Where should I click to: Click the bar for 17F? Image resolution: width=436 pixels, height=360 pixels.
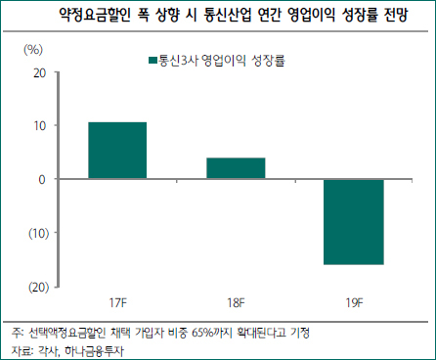(117, 151)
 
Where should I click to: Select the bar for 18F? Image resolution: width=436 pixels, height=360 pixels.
(236, 168)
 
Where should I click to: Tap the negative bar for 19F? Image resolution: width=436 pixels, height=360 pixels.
(354, 222)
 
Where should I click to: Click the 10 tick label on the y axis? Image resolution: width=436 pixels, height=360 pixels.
(40, 126)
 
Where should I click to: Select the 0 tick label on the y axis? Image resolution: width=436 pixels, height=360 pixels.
(42, 179)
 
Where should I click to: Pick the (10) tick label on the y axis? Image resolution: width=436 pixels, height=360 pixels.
(39, 233)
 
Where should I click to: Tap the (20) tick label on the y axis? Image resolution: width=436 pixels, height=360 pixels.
(39, 287)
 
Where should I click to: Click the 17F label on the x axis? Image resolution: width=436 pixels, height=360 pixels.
(117, 303)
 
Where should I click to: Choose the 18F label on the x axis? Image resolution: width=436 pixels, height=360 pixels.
(236, 303)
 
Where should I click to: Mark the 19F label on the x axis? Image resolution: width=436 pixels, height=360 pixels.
(354, 303)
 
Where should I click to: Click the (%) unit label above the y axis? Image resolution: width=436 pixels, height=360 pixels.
(33, 50)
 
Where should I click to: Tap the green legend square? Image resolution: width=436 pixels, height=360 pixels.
(153, 61)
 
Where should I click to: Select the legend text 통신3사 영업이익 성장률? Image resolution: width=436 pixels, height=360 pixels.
(222, 61)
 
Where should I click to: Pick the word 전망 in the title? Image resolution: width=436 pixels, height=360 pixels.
(396, 15)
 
